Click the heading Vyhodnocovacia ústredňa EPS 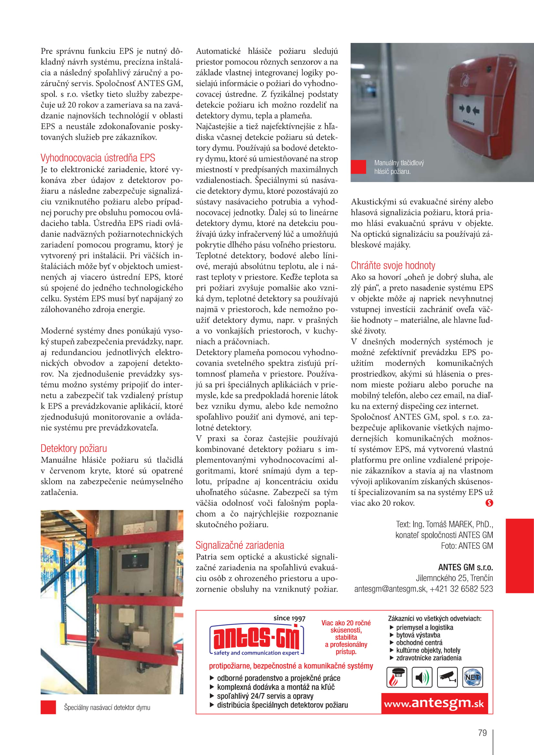coord(98,158)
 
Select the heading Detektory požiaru coord(74,448)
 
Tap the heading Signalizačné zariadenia coord(240,545)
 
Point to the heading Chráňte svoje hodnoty coord(393,265)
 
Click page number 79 coord(482,733)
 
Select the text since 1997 coord(289,618)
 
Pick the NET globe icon coord(473,677)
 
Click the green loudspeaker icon coord(422,677)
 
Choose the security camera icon coord(447,677)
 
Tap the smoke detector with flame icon coord(396,677)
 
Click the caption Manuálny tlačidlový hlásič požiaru coord(399,167)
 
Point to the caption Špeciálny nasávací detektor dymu coord(107,707)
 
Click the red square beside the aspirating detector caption coord(48,707)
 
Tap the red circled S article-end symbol coord(489,503)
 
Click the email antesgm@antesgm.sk coord(390,589)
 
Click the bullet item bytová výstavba coord(418,635)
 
